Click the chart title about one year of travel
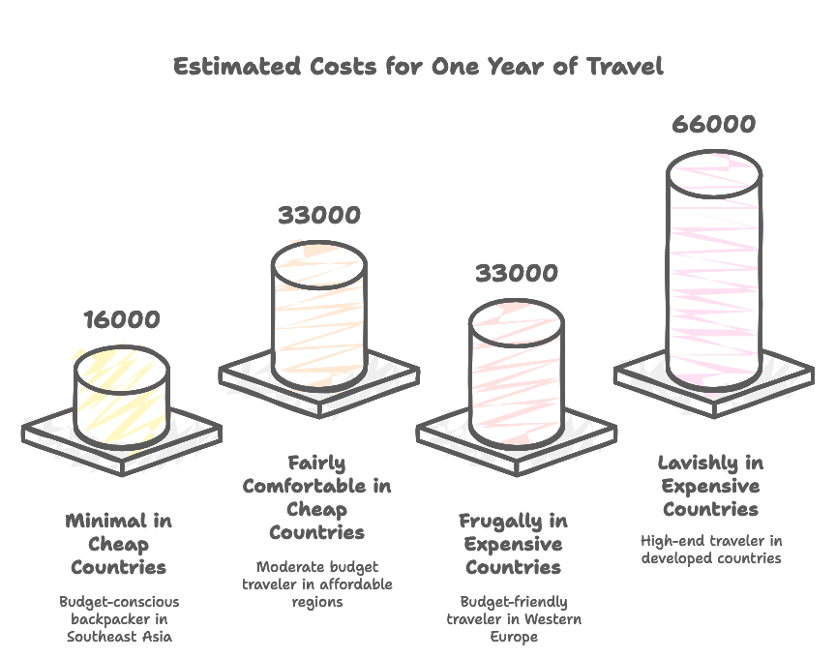(418, 67)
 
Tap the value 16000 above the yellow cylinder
(121, 319)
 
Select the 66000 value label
(715, 126)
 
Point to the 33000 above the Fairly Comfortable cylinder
(319, 215)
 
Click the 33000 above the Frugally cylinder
(517, 273)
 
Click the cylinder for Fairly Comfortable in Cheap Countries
(319, 314)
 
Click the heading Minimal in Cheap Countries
(119, 544)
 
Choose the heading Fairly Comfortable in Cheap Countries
(317, 497)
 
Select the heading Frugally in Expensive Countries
(513, 544)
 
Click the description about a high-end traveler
(712, 549)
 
